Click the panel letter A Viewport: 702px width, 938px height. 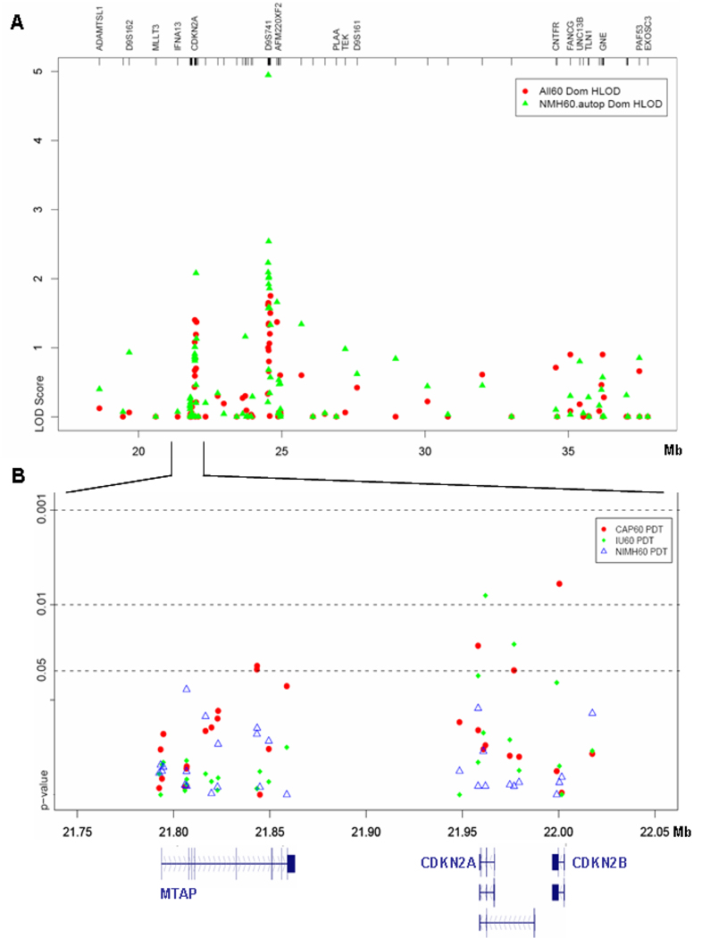[15, 23]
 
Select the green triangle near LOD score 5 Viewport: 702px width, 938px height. [268, 74]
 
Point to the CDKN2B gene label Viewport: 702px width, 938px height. [599, 864]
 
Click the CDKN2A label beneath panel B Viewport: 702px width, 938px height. [447, 864]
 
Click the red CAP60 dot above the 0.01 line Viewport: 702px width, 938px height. [559, 583]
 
